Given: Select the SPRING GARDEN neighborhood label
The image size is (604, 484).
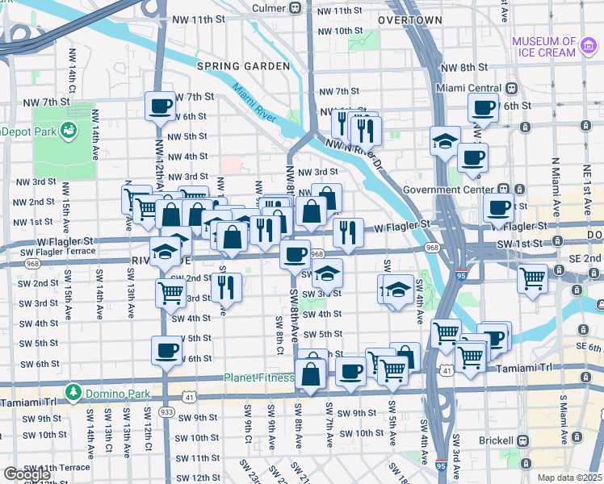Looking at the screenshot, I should (242, 65).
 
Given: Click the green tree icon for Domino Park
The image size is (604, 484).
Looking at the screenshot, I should (73, 391).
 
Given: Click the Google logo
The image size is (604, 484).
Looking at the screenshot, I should (27, 474).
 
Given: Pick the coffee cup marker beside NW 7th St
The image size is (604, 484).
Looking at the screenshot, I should (160, 105).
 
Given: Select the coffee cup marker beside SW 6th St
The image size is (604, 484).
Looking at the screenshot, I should (166, 350).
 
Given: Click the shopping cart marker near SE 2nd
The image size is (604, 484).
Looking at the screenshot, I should (532, 278).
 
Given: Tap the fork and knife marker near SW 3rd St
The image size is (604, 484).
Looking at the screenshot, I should (226, 286).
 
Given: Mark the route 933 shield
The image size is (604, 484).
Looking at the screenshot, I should (167, 411).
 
